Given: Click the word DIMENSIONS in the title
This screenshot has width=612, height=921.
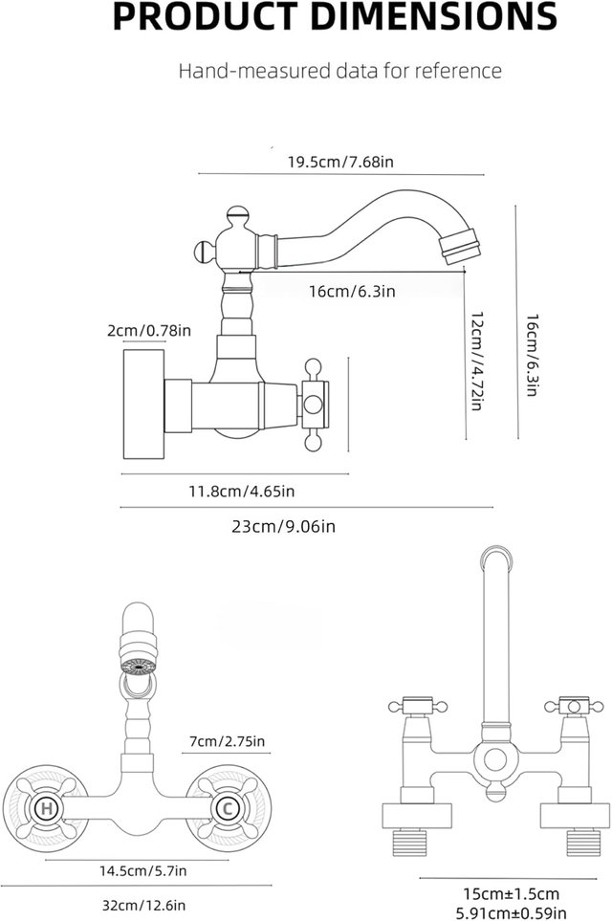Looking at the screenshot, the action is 433,16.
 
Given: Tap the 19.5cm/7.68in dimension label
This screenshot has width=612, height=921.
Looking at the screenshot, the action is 340,162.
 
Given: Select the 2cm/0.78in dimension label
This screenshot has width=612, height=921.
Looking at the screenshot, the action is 149,331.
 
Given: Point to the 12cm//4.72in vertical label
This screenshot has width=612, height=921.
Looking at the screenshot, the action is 477,361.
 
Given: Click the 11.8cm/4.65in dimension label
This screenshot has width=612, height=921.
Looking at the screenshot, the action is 241,491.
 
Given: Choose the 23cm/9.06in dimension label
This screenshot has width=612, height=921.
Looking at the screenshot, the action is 284,526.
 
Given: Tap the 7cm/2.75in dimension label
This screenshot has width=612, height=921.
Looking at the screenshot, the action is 227,741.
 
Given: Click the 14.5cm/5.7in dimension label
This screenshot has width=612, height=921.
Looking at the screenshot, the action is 142,870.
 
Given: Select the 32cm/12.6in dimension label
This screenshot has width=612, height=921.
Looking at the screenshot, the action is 143,906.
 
